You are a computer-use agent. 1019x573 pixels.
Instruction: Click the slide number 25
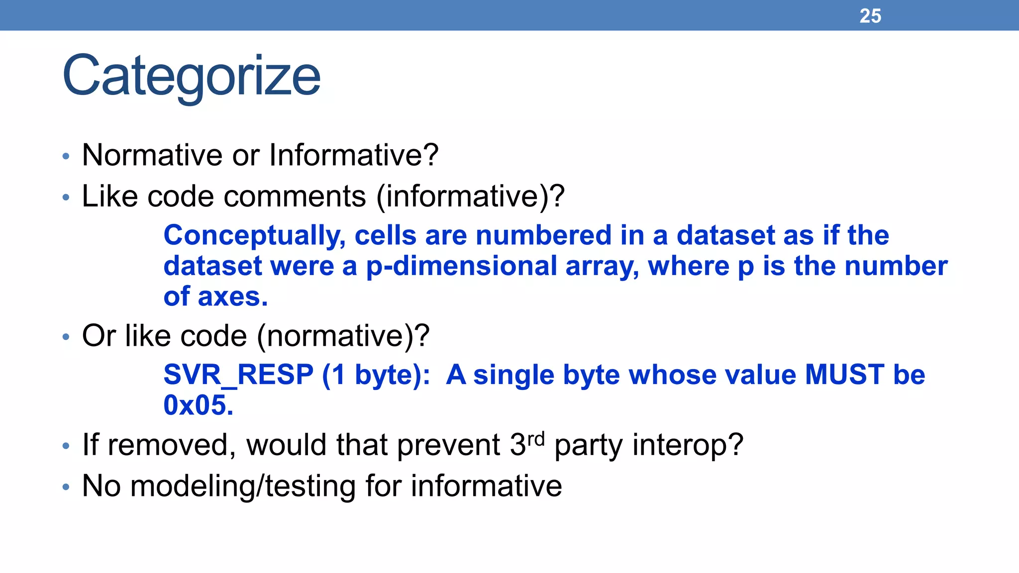click(x=870, y=16)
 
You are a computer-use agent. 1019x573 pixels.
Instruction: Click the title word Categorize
click(x=192, y=76)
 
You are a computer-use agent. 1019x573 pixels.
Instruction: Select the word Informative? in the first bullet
click(x=354, y=155)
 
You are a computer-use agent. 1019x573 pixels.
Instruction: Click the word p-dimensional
click(x=461, y=266)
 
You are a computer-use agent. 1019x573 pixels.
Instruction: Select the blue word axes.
click(x=232, y=297)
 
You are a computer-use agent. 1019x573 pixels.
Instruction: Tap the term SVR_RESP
click(x=238, y=375)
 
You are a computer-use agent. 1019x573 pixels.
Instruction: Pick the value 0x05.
click(x=198, y=405)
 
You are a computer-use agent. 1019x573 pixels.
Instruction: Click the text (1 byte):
click(x=376, y=375)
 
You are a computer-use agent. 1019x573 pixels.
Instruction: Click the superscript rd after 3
click(x=536, y=439)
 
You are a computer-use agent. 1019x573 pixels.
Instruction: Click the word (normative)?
click(x=343, y=336)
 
